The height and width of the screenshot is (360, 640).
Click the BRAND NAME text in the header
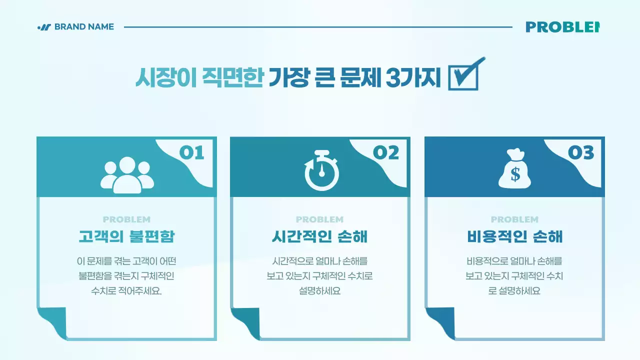pos(84,27)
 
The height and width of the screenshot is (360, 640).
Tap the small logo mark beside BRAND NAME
pos(44,27)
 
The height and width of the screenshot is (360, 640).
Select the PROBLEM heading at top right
pos(562,27)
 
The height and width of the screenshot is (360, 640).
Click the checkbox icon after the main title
pos(465,74)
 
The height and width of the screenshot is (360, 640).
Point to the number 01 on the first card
pos(192,152)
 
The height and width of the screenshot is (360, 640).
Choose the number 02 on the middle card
pos(386,152)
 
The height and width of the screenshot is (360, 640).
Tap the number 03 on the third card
pos(580,152)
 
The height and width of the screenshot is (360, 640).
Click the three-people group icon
pos(127,174)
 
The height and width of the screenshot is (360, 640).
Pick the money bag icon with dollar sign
pos(515,169)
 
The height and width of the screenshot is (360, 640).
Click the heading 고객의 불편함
pos(126,236)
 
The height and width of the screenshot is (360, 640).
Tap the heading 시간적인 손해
pos(320,236)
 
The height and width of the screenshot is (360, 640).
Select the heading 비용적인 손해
pos(514,236)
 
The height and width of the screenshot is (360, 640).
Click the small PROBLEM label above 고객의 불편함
pos(126,219)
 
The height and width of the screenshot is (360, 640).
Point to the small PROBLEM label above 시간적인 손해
pos(320,219)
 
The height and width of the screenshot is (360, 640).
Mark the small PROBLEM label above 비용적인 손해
pos(514,219)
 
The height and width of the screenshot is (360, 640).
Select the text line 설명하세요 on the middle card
pos(320,291)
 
